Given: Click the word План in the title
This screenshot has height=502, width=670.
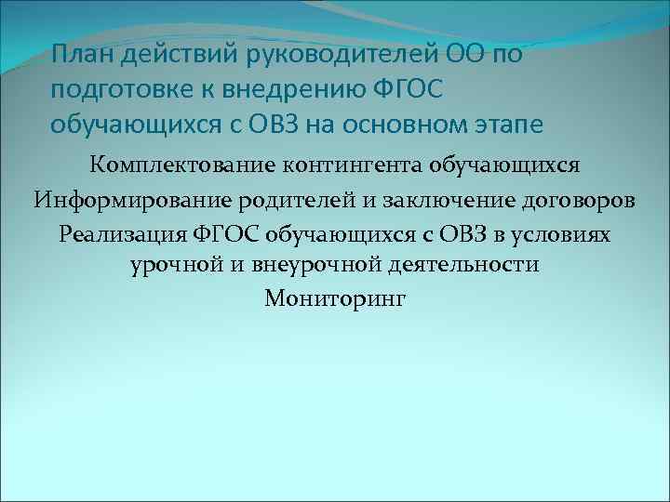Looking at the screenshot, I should coord(82,55).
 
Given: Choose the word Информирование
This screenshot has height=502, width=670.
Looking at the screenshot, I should coord(131,200).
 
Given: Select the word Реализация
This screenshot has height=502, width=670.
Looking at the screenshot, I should coord(118,233).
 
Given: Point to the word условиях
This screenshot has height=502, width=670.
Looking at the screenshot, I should coord(567,233).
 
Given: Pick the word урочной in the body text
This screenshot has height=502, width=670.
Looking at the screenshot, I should coord(174,266).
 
